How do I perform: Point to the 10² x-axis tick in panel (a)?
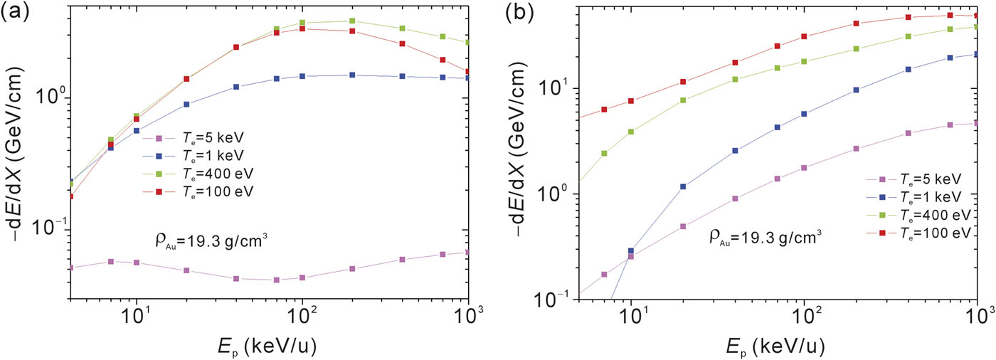pos(302,314)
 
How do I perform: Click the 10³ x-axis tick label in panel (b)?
pos(978,314)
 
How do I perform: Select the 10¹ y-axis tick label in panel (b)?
pos(553,89)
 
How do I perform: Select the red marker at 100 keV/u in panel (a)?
pos(302,29)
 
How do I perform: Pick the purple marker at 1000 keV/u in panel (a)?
pos(467,252)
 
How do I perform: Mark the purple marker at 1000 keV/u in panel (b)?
pos(977,123)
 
